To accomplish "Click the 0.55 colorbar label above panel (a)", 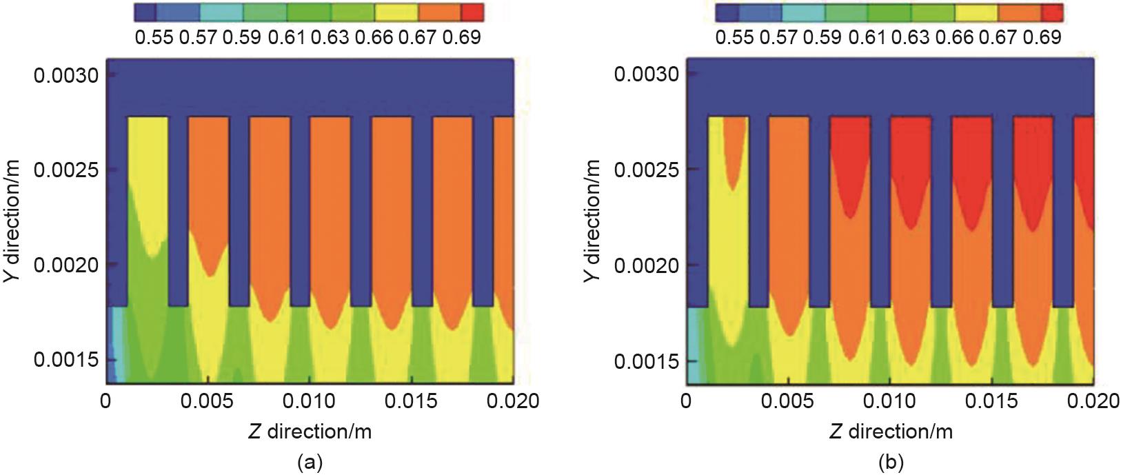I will pos(154,37).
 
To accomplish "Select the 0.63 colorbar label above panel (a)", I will pos(330,37).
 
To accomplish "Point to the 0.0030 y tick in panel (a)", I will pos(65,74).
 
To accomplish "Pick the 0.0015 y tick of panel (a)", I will pos(65,361).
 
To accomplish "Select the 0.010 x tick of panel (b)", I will pos(891,401).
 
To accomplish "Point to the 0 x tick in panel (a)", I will pos(105,401).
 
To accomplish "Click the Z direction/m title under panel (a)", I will pos(310,432).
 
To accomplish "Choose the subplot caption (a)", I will pos(309,462).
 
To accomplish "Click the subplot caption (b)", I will pos(890,462).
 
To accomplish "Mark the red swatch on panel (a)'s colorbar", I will pos(472,12).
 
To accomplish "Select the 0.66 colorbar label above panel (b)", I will pos(955,37).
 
